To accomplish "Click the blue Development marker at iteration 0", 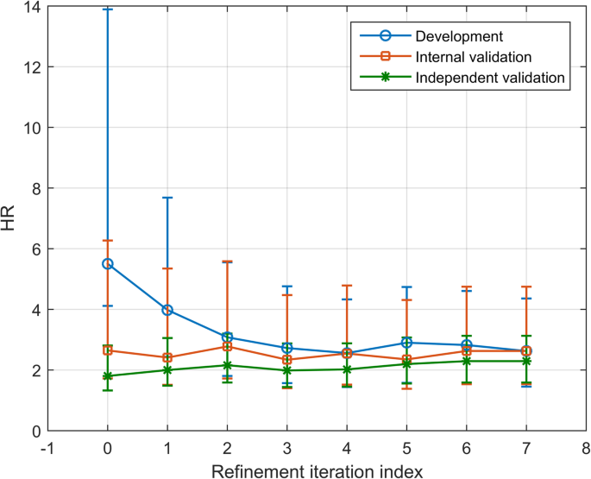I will click(108, 263).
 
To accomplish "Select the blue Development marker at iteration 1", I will click(167, 310).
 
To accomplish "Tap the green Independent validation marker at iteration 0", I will click(108, 376).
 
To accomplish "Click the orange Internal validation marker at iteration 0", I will click(108, 350).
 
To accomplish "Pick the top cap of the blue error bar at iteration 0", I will click(108, 9).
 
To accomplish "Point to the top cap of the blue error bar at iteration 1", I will click(167, 198).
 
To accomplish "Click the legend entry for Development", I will click(458, 36).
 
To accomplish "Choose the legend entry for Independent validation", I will click(489, 78).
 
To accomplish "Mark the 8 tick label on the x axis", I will click(586, 448).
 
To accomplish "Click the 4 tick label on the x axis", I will click(347, 448).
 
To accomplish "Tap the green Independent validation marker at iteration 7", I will click(526, 361).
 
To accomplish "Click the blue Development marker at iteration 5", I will click(406, 343).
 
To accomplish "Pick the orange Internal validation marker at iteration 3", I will click(287, 360).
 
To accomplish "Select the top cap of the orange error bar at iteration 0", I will click(108, 240).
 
